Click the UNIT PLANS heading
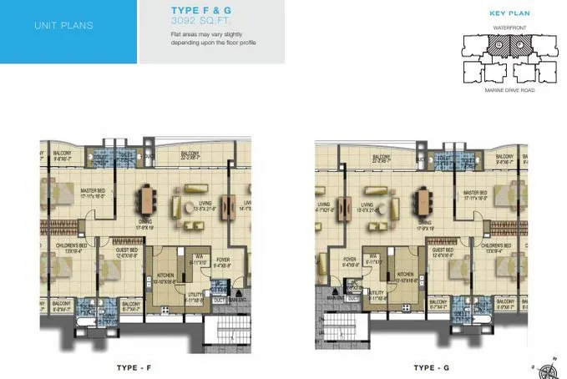click(x=63, y=25)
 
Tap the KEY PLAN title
click(x=506, y=13)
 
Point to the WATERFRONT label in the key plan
click(x=505, y=28)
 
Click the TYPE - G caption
click(x=429, y=367)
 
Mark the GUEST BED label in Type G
click(x=443, y=250)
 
